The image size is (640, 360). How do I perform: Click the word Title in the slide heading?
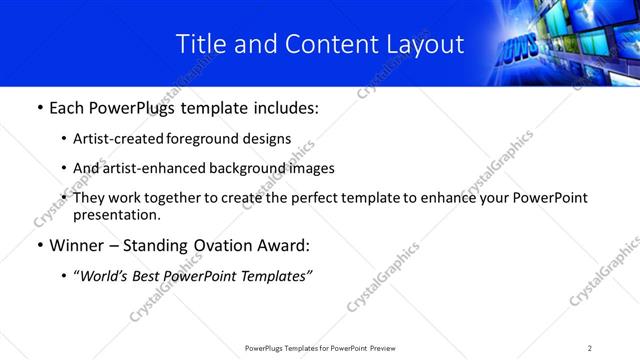point(198,44)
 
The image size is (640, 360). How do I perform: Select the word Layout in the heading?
point(421,44)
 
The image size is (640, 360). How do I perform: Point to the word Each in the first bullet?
point(69,107)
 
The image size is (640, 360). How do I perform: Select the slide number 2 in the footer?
point(590,348)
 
